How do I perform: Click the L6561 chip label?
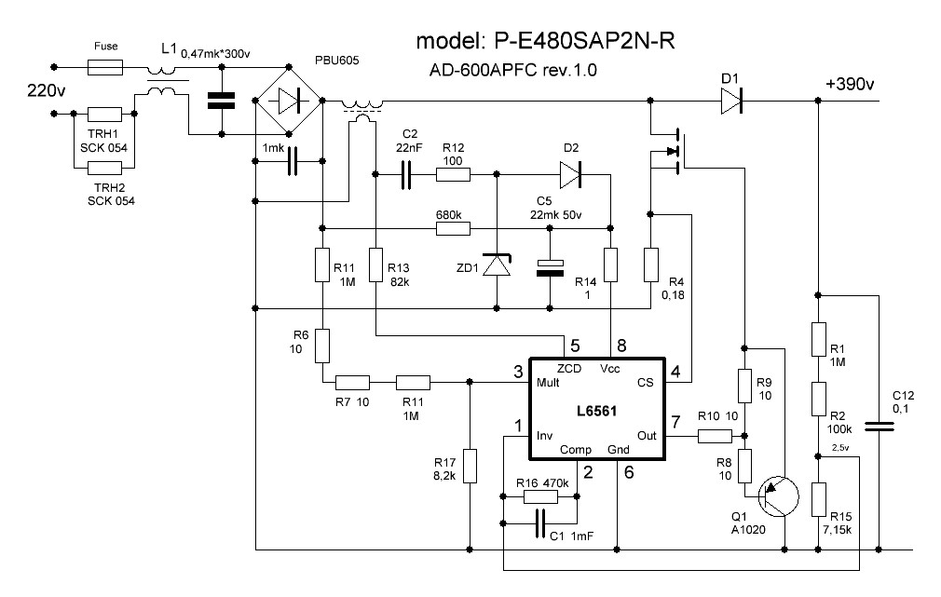[596, 411]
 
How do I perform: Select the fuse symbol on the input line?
[105, 67]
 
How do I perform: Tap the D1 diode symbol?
[731, 101]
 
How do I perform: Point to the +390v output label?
[849, 84]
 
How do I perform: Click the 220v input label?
[47, 90]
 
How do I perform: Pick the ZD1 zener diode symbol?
[497, 265]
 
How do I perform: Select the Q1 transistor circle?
[778, 496]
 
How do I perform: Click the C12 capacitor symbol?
[880, 427]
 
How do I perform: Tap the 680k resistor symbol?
[453, 228]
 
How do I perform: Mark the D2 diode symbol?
[570, 174]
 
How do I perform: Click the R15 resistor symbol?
[819, 499]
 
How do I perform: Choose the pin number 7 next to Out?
[675, 422]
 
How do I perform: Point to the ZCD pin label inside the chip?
[569, 369]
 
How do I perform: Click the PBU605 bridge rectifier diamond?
[289, 101]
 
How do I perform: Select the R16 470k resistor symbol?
[541, 496]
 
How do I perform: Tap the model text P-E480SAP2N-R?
[584, 41]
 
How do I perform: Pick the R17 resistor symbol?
[470, 467]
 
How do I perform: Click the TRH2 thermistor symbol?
[104, 168]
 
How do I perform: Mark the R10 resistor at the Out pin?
[716, 436]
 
